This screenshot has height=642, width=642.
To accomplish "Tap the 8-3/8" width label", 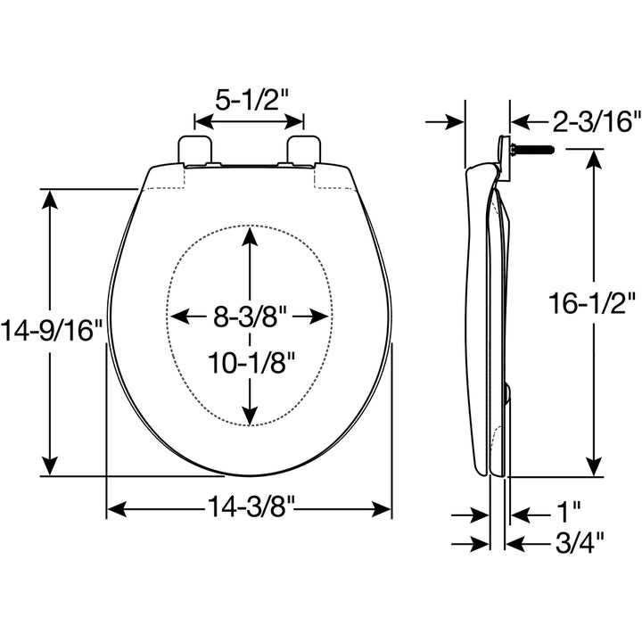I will pyautogui.click(x=249, y=316).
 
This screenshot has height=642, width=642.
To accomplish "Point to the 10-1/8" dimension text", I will pyautogui.click(x=251, y=362).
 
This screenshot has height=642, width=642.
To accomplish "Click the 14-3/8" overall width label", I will pyautogui.click(x=249, y=509).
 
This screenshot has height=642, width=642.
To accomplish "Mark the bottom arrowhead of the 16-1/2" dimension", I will pyautogui.click(x=593, y=468).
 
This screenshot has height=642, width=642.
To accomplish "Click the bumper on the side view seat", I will pyautogui.click(x=506, y=392).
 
